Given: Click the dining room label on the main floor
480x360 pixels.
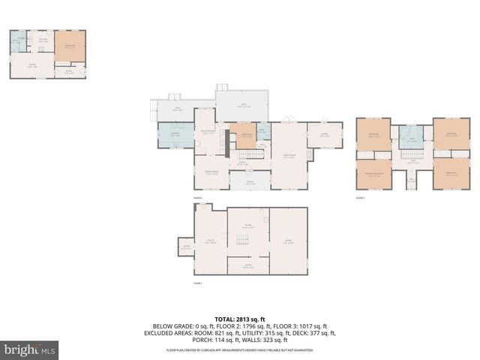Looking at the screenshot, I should click(x=211, y=172).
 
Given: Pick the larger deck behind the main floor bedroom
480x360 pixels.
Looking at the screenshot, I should click(x=243, y=106).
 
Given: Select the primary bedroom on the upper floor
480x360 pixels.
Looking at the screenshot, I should click(x=373, y=174).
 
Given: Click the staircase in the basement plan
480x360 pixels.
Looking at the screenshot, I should click(x=242, y=240).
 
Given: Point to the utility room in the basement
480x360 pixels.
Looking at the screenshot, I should click(x=211, y=241).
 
